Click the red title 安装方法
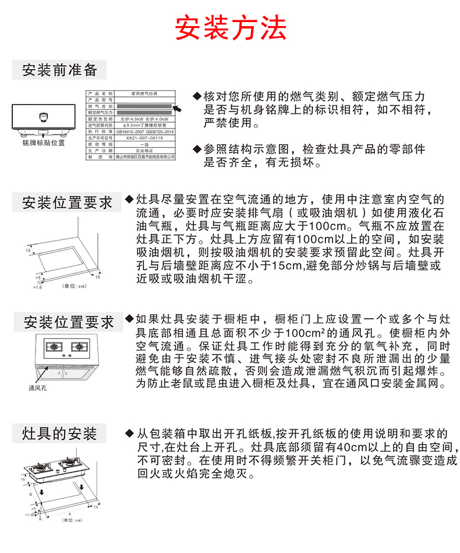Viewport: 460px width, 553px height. tap(231, 27)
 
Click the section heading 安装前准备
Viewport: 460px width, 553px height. tap(59, 70)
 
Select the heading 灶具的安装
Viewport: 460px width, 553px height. tap(59, 434)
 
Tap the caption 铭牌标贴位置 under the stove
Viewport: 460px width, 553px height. tap(44, 142)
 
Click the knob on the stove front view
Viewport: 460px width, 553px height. tap(42, 116)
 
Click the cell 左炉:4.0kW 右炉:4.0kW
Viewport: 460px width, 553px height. tap(144, 119)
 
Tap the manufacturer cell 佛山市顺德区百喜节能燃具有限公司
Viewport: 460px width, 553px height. tap(144, 157)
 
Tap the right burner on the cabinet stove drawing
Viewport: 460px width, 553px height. tap(79, 348)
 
